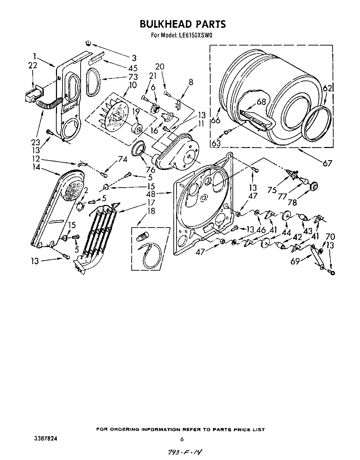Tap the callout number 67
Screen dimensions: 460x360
tap(327, 163)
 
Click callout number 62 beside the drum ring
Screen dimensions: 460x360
tap(327, 88)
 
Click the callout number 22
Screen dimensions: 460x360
tap(32, 65)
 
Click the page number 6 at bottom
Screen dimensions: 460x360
tap(181, 439)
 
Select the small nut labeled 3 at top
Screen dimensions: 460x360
tap(88, 43)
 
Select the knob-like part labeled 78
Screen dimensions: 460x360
tap(314, 186)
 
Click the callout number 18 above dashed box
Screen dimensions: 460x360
tap(151, 211)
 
